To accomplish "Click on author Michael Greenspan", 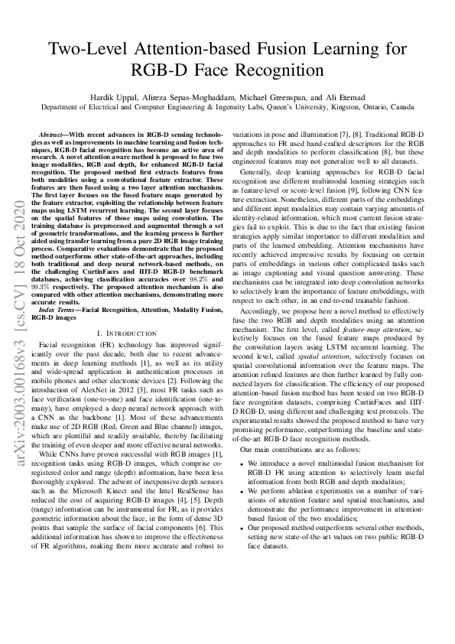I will [277, 96].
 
